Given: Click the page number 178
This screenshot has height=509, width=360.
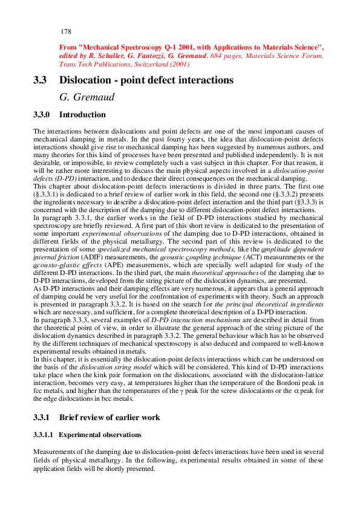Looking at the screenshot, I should pos(67,31).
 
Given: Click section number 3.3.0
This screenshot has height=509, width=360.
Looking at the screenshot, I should pos(42,115).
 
